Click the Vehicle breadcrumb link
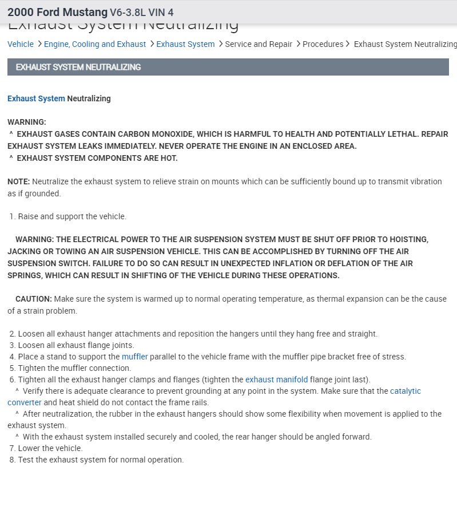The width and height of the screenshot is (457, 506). [x=21, y=44]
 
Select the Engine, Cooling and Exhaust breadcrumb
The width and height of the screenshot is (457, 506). [x=95, y=44]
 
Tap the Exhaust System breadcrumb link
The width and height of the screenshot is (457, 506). [x=185, y=44]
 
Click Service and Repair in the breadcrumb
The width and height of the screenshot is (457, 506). [x=259, y=44]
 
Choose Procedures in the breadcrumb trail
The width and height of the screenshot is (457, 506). [x=323, y=44]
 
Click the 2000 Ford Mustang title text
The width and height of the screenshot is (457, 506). [x=57, y=12]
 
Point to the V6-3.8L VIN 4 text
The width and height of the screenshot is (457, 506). [x=142, y=13]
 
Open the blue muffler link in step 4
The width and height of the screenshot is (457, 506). [x=134, y=357]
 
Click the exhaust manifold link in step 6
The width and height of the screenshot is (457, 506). [x=276, y=379]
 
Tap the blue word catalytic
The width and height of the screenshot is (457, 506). [x=405, y=391]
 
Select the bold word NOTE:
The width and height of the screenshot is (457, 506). [x=18, y=181]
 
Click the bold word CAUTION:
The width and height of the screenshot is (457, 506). [x=34, y=299]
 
